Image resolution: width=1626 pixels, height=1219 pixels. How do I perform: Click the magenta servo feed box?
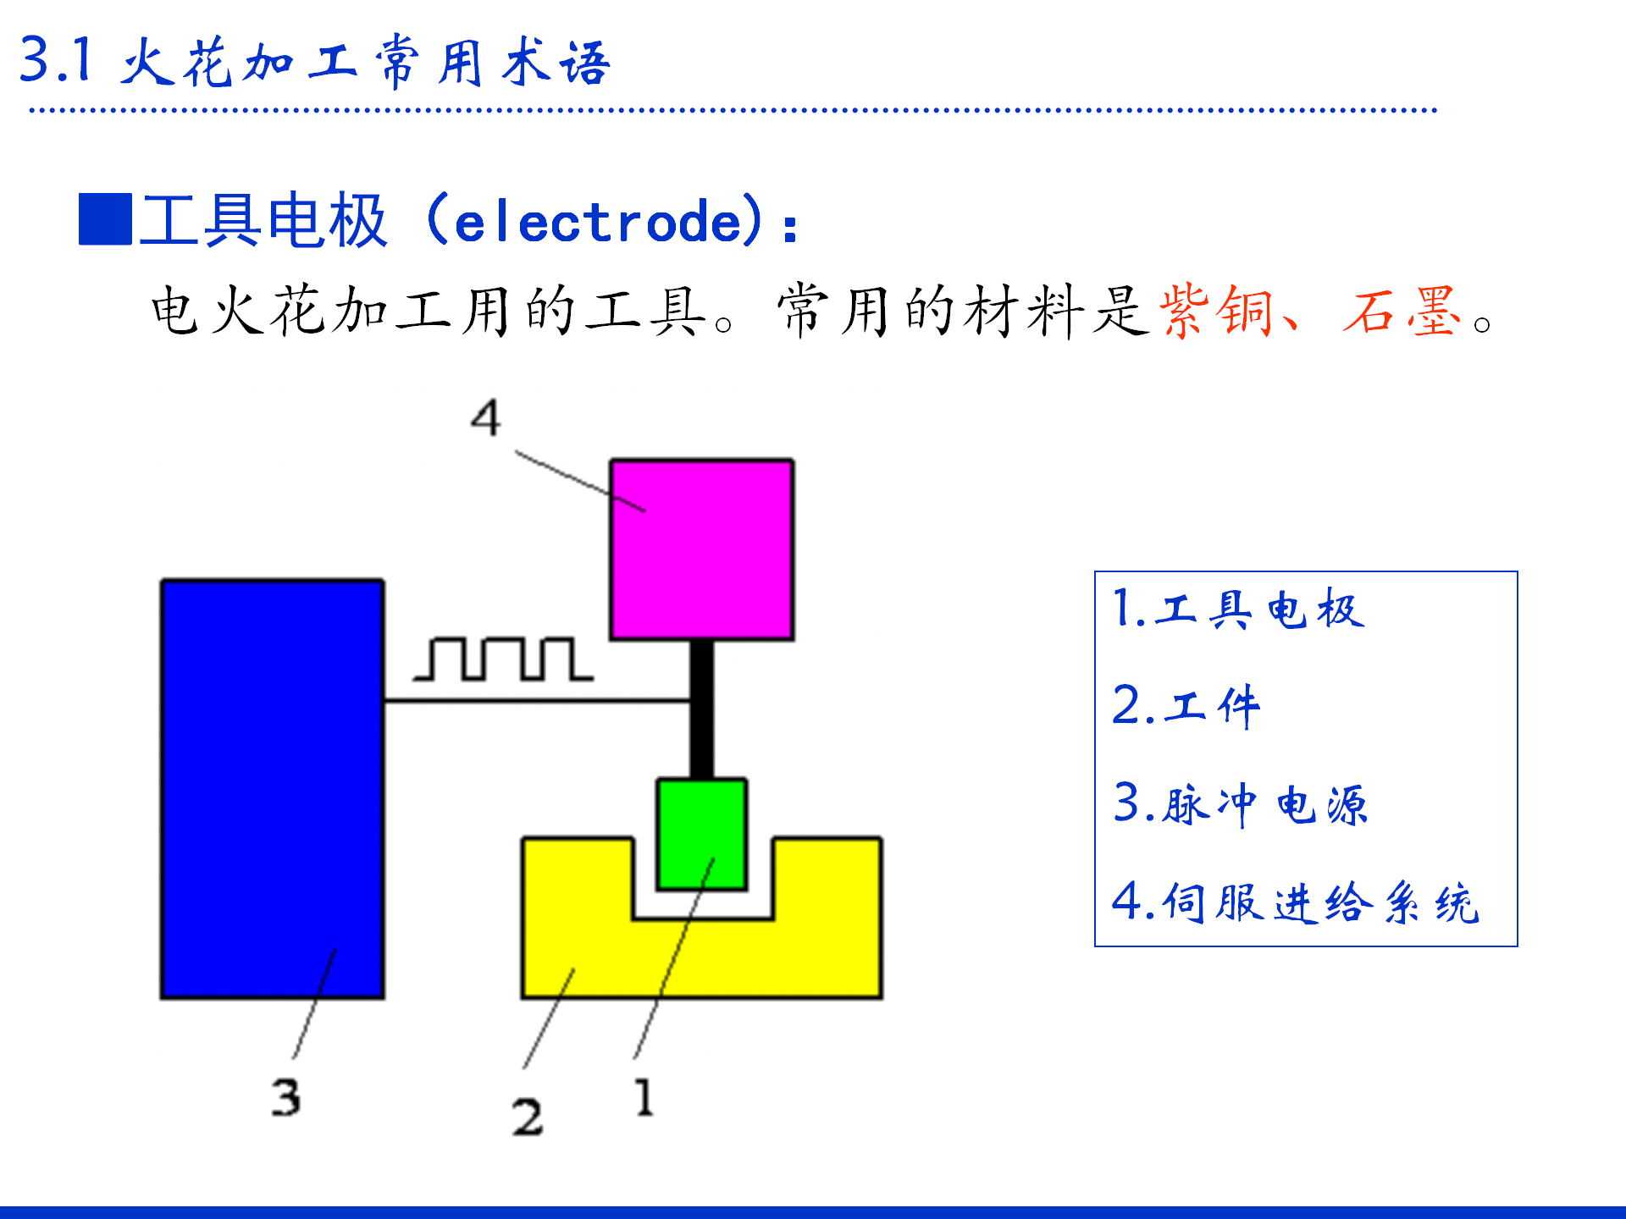click(x=702, y=549)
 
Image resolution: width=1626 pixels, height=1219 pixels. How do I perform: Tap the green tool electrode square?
click(x=701, y=834)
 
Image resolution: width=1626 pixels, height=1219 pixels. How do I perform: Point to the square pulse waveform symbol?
click(x=503, y=659)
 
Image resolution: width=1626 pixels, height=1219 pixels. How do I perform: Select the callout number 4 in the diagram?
click(x=486, y=417)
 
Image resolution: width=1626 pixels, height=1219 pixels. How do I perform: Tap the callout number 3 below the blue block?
click(x=286, y=1098)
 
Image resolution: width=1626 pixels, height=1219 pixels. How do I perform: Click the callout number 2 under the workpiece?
click(x=527, y=1117)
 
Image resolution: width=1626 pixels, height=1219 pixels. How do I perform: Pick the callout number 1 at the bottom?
click(x=644, y=1097)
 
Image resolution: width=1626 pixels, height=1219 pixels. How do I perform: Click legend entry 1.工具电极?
click(x=1238, y=609)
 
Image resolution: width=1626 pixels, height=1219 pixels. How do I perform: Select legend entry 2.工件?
click(x=1186, y=706)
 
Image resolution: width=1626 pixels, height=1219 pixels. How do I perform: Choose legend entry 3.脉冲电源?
click(x=1240, y=803)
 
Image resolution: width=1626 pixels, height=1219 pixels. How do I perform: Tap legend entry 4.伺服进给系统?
click(x=1295, y=902)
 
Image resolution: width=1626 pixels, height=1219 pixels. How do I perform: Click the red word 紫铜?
click(x=1216, y=312)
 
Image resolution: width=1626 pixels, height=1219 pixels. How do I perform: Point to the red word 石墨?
click(x=1402, y=312)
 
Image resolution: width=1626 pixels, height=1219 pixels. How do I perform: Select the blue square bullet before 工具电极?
click(x=105, y=219)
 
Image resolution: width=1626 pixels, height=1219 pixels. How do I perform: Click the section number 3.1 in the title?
click(x=56, y=60)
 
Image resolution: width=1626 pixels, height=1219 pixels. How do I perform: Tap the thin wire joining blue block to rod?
click(x=537, y=700)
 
